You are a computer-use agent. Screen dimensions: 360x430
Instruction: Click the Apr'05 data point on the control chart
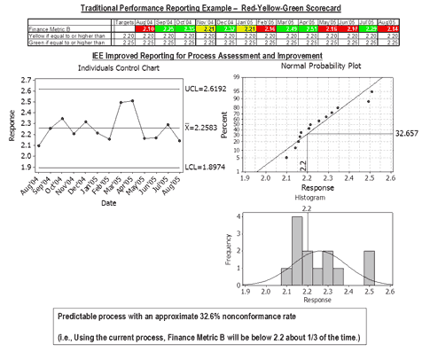(x=133, y=100)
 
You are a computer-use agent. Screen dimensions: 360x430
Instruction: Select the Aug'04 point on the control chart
(x=38, y=145)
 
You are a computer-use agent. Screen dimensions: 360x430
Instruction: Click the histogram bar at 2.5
(x=368, y=265)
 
